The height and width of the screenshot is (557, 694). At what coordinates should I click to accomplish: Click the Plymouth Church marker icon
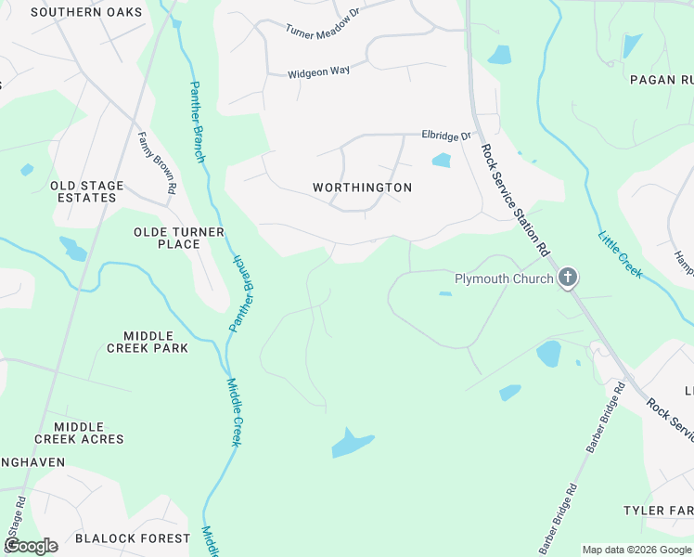(x=568, y=278)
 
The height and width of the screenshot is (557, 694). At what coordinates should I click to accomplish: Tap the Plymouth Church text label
(x=503, y=278)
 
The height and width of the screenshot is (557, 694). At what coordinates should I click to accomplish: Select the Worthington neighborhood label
(x=362, y=188)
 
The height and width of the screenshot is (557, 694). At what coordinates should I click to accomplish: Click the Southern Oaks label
(x=86, y=12)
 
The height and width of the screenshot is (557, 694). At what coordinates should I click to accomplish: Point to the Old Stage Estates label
(x=86, y=191)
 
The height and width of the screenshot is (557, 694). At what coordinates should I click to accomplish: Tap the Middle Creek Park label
(x=148, y=342)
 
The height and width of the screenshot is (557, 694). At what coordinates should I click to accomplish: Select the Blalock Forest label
(x=132, y=538)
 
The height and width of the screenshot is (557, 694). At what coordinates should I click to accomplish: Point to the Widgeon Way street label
(x=318, y=73)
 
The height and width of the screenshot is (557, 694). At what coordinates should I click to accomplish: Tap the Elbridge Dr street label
(x=446, y=136)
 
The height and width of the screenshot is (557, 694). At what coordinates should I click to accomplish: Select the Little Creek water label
(x=621, y=253)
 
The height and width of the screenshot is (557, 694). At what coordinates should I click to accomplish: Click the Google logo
(x=31, y=546)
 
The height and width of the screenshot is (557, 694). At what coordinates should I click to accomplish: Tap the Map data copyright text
(x=637, y=550)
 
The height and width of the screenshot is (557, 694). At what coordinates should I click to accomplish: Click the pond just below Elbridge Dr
(x=442, y=160)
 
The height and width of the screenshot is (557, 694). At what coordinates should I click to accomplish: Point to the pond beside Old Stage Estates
(x=72, y=248)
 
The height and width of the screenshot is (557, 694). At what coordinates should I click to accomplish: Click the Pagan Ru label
(x=661, y=80)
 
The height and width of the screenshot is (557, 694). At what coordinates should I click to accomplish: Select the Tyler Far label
(x=658, y=511)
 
